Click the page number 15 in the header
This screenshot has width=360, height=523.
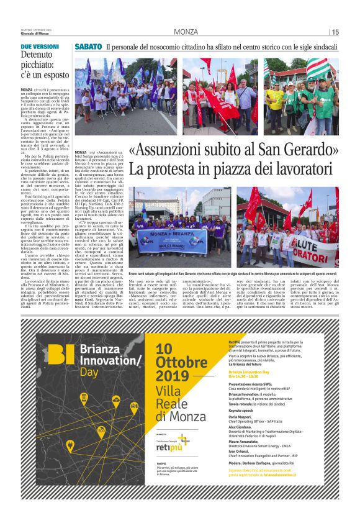[335, 32]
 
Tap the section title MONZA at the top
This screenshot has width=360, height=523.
[186, 32]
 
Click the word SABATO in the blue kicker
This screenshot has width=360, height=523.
[88, 47]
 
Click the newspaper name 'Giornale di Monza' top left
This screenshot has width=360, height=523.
[34, 33]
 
